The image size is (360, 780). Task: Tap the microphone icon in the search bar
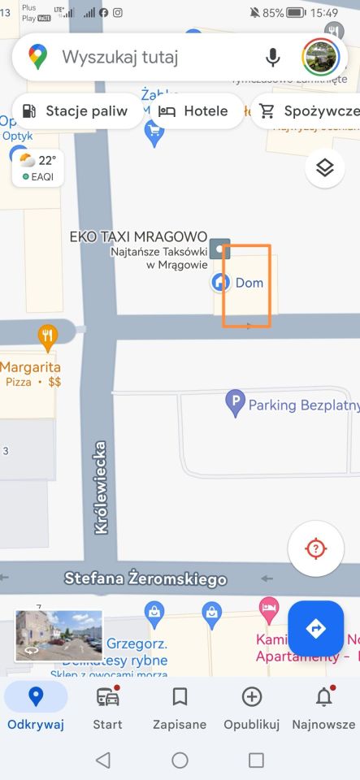point(272,57)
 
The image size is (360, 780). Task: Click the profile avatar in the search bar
point(319,57)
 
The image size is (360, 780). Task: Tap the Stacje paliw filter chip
point(77,111)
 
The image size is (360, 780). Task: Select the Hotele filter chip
point(193,111)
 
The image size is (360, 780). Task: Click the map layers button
point(325,168)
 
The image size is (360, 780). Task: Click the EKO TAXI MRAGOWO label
point(138,236)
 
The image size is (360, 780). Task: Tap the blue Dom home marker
point(220,283)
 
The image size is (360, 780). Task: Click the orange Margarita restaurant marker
point(48,335)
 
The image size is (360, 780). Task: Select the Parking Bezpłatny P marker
point(235,403)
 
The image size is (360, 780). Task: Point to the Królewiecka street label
point(102,487)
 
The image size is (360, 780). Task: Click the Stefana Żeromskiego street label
point(145,579)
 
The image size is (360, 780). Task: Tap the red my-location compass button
point(315,548)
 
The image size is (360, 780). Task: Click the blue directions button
point(315,628)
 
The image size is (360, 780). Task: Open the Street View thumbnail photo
point(59,635)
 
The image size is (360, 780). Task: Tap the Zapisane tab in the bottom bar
point(180,707)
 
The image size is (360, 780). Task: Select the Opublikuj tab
point(252,707)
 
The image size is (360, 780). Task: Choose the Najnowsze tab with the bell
point(323,707)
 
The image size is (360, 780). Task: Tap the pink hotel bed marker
point(268,608)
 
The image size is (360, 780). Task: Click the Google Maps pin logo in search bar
point(38,57)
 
